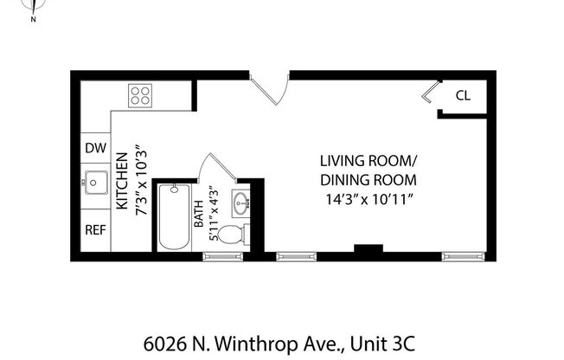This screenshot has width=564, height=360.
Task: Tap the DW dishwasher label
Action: pyautogui.click(x=95, y=148)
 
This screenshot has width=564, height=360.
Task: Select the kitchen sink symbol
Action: pyautogui.click(x=94, y=183)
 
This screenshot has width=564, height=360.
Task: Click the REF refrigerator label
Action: pyautogui.click(x=95, y=230)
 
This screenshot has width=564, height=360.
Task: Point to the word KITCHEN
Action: pyautogui.click(x=121, y=183)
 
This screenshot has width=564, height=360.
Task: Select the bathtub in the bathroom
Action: pyautogui.click(x=173, y=216)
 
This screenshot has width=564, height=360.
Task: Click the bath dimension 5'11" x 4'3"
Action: pyautogui.click(x=212, y=211)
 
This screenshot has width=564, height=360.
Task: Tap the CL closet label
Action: pyautogui.click(x=463, y=96)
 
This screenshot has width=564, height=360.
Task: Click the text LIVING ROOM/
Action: pyautogui.click(x=368, y=161)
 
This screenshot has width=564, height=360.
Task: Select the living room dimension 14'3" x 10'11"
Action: pyautogui.click(x=368, y=200)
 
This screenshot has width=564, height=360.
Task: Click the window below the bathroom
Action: pyautogui.click(x=221, y=256)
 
